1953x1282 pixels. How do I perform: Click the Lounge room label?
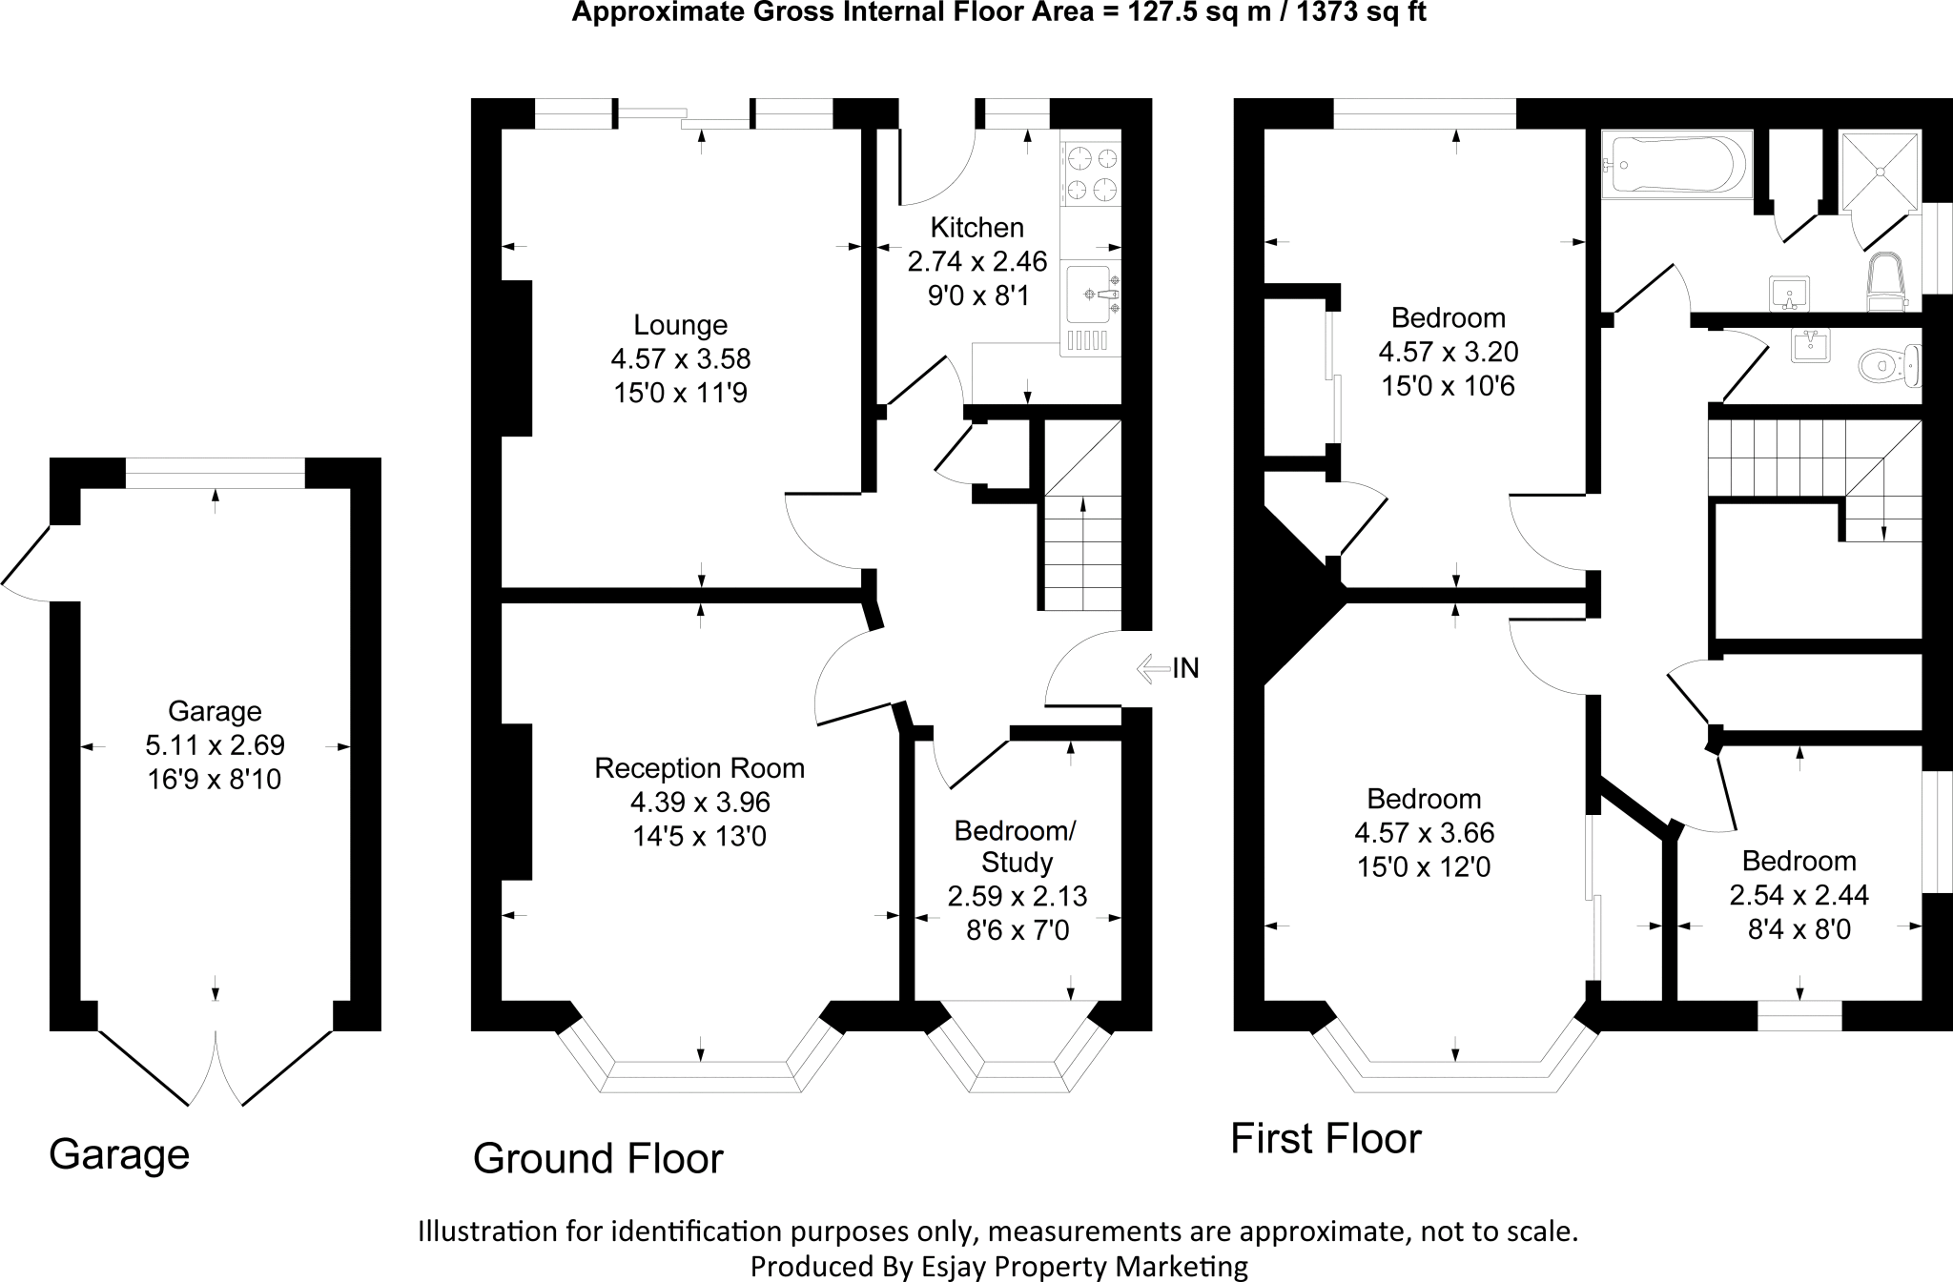[x=680, y=325]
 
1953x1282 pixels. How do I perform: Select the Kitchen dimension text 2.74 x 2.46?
[x=977, y=261]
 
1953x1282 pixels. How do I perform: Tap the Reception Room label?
[x=699, y=768]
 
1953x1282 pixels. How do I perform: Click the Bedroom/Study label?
[x=1016, y=846]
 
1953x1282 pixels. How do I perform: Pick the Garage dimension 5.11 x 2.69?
[x=215, y=744]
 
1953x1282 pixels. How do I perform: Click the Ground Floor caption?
[x=598, y=1158]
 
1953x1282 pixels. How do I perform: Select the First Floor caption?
[x=1326, y=1138]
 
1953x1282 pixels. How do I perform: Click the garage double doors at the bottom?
[x=216, y=1063]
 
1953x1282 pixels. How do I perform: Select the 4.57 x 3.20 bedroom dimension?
[x=1448, y=352]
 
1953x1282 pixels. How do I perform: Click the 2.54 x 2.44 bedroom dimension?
[x=1799, y=894]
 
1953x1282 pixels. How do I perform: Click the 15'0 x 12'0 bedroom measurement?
[x=1424, y=867]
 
